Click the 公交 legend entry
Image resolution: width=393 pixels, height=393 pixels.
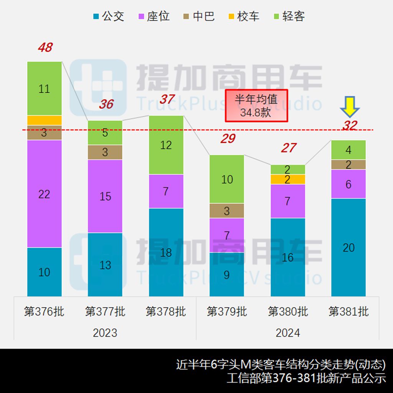tap(109, 17)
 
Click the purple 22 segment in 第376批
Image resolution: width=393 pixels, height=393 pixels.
tap(44, 194)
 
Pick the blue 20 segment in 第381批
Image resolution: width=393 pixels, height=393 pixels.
tap(348, 248)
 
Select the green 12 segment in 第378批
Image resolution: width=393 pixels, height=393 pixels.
tap(166, 145)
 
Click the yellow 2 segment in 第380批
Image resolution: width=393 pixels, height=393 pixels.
tap(288, 179)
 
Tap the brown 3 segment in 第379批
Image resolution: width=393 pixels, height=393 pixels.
tap(227, 211)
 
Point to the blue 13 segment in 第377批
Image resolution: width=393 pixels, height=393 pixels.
tap(105, 265)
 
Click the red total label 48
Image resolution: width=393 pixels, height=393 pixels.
tap(45, 48)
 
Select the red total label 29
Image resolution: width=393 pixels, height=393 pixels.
tap(228, 139)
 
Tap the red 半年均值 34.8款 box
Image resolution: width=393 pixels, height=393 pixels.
tap(256, 106)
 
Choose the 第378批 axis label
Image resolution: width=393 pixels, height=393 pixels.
tap(166, 311)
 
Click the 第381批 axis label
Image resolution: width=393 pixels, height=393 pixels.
tap(348, 311)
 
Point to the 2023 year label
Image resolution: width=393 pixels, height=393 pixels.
tap(105, 333)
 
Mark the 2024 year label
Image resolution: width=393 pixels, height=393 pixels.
tap(288, 333)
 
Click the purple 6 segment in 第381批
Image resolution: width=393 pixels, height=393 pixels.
tap(348, 184)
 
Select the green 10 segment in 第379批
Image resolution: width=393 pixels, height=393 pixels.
tap(227, 179)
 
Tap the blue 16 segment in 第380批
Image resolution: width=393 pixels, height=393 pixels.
tap(288, 257)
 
